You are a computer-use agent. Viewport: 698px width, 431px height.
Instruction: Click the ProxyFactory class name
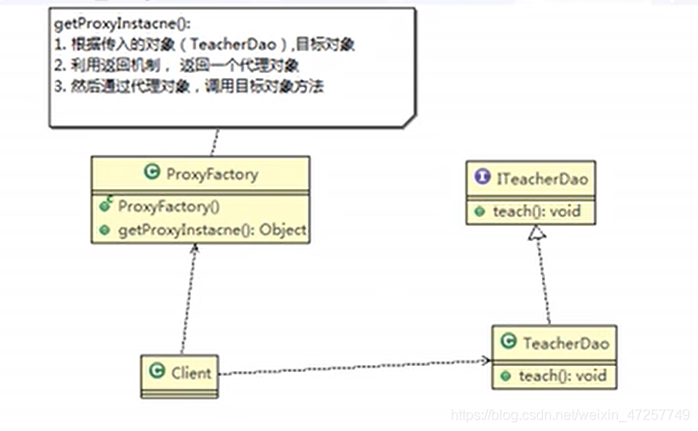(x=211, y=174)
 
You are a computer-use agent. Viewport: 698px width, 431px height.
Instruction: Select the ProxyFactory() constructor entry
(x=168, y=207)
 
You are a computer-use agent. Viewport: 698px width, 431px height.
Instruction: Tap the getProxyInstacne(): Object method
(x=212, y=230)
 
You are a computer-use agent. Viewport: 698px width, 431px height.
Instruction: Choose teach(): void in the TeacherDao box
(x=562, y=376)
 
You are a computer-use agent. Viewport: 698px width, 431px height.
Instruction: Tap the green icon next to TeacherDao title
(x=508, y=342)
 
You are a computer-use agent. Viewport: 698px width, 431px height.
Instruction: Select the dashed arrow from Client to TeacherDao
(x=352, y=367)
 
